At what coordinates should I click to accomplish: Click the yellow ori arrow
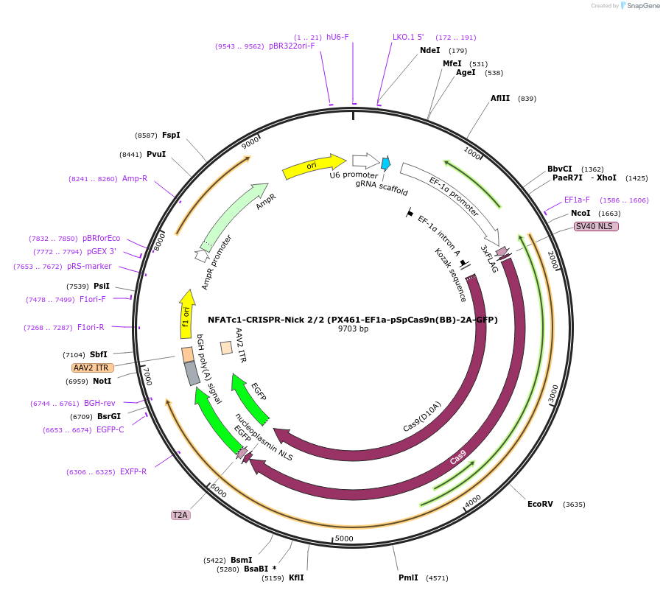(313, 166)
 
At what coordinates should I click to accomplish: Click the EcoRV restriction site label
(540, 505)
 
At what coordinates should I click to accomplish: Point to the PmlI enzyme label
(408, 578)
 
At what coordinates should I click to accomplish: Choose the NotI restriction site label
(102, 381)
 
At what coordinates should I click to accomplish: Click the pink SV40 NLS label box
(596, 226)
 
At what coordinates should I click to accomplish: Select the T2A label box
(180, 515)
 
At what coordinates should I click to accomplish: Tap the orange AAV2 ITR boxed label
(91, 368)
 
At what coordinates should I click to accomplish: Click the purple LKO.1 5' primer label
(408, 37)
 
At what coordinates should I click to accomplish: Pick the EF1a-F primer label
(577, 200)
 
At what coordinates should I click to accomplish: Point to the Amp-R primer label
(135, 178)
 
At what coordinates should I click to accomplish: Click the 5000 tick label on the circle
(344, 538)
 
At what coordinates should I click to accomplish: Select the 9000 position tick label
(250, 141)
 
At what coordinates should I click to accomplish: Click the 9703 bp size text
(353, 329)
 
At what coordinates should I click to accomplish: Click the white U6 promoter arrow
(365, 161)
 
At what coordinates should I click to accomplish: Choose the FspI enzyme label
(171, 135)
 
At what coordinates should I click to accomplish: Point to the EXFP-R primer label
(133, 471)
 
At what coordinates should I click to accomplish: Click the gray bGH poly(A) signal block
(192, 373)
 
